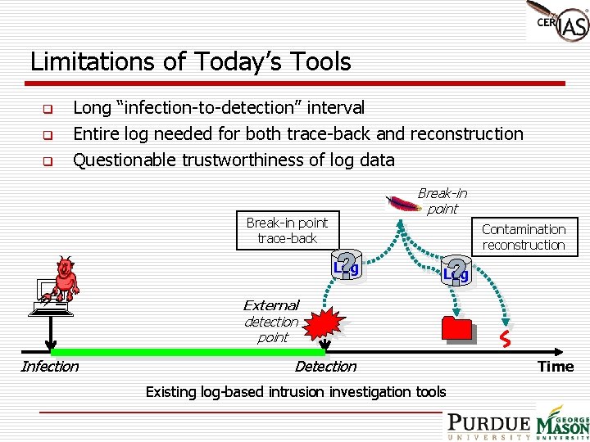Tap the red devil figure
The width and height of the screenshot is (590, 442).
[64, 278]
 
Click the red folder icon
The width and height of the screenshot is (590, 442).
[457, 328]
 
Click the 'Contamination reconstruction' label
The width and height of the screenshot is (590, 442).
[524, 237]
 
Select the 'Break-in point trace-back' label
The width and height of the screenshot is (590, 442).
[287, 230]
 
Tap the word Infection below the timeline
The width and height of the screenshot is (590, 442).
[49, 367]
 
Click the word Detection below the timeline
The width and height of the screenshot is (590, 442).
[325, 367]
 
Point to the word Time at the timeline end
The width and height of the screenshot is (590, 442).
[556, 367]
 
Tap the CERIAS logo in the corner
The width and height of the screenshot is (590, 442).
[559, 22]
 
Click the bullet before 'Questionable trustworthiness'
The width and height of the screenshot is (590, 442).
[48, 161]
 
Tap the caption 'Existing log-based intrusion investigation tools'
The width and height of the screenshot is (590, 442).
[296, 392]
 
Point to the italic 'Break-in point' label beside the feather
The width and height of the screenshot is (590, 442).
[442, 201]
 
